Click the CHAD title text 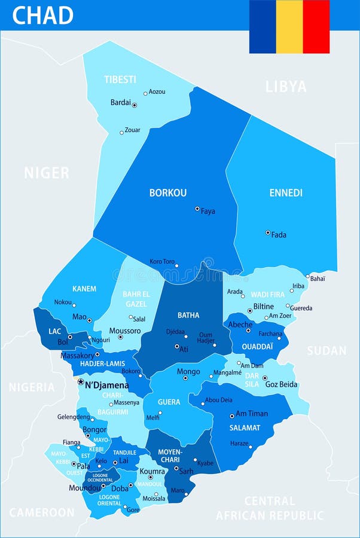pos(42,15)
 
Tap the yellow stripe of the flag pos(289,26)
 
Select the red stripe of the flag pos(316,26)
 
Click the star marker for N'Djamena pos(81,381)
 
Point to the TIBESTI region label pos(120,79)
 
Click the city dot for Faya pos(197,209)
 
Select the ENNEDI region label pos(286,193)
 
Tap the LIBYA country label pos(286,87)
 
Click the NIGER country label pos(47,173)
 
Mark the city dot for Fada pos(267,233)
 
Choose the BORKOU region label pos(168,193)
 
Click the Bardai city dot pos(134,105)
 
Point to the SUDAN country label pos(327,351)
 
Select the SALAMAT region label pos(245,428)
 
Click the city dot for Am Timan pos(231,416)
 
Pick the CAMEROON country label pos(42,512)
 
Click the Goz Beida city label pos(281,384)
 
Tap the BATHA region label pos(188,315)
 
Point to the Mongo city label pos(188,372)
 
